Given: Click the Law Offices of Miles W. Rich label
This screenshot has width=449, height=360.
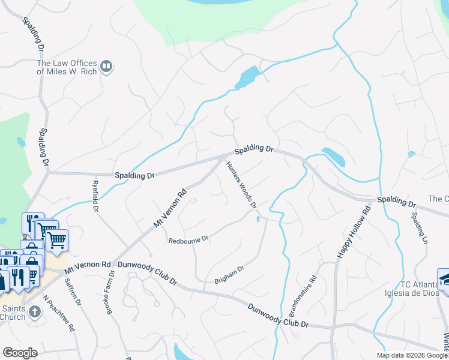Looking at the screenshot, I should click(x=65, y=67).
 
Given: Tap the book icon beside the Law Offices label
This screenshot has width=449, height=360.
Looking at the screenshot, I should click(x=106, y=66).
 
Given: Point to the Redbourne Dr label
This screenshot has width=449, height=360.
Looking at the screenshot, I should click(x=188, y=238).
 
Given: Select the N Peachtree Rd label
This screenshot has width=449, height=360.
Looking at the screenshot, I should click(x=58, y=312).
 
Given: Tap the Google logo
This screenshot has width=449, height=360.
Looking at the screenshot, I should click(x=20, y=353).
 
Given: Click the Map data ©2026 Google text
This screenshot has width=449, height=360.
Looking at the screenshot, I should click(x=412, y=355).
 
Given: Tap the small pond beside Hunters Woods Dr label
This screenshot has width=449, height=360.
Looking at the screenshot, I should click(x=258, y=219).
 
